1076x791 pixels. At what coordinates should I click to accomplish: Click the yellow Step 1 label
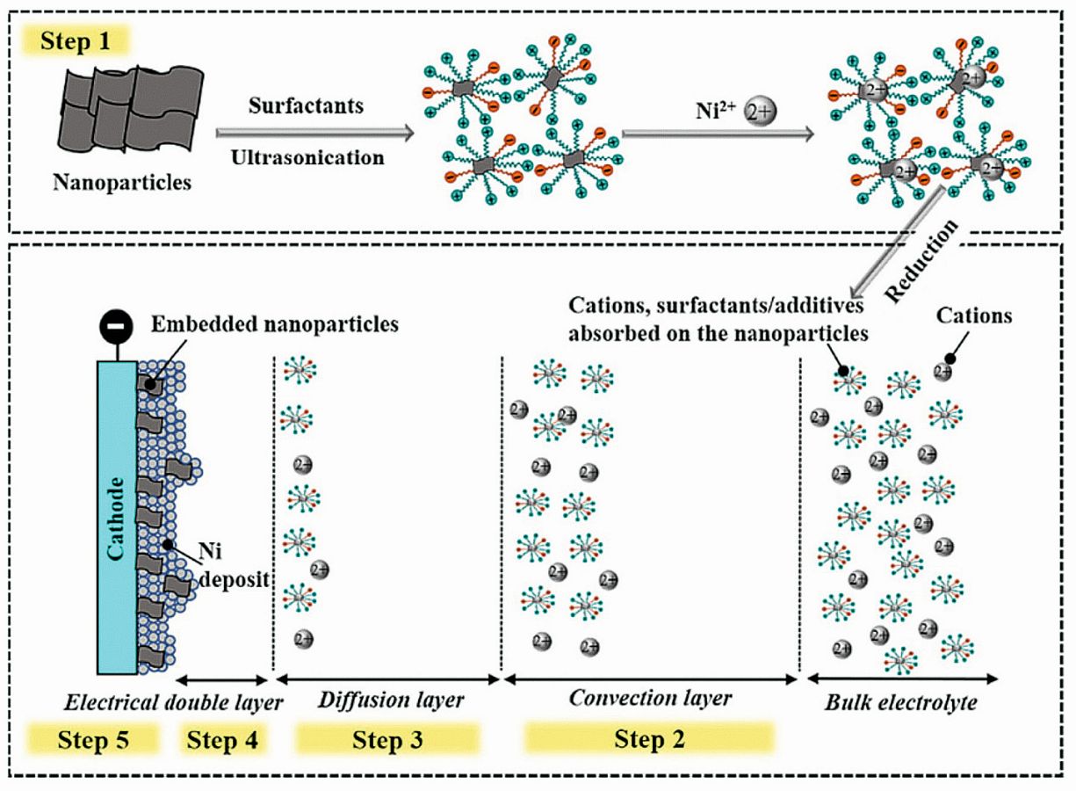[x=78, y=41]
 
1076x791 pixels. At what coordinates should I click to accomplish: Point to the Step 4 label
[x=222, y=740]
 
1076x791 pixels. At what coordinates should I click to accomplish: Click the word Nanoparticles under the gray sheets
[x=121, y=183]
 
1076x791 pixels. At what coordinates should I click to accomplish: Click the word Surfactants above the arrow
[x=306, y=106]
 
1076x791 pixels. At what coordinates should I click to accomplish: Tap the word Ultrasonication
[x=307, y=158]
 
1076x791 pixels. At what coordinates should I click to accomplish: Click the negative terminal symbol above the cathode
[x=117, y=327]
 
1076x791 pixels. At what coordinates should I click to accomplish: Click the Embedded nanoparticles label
[x=274, y=324]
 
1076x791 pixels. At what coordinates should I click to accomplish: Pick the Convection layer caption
[x=649, y=699]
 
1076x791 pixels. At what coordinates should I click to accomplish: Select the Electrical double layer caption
[x=173, y=702]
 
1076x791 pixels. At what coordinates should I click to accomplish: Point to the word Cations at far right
[x=973, y=314]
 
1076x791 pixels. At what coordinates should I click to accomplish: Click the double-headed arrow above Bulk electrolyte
[x=902, y=679]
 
